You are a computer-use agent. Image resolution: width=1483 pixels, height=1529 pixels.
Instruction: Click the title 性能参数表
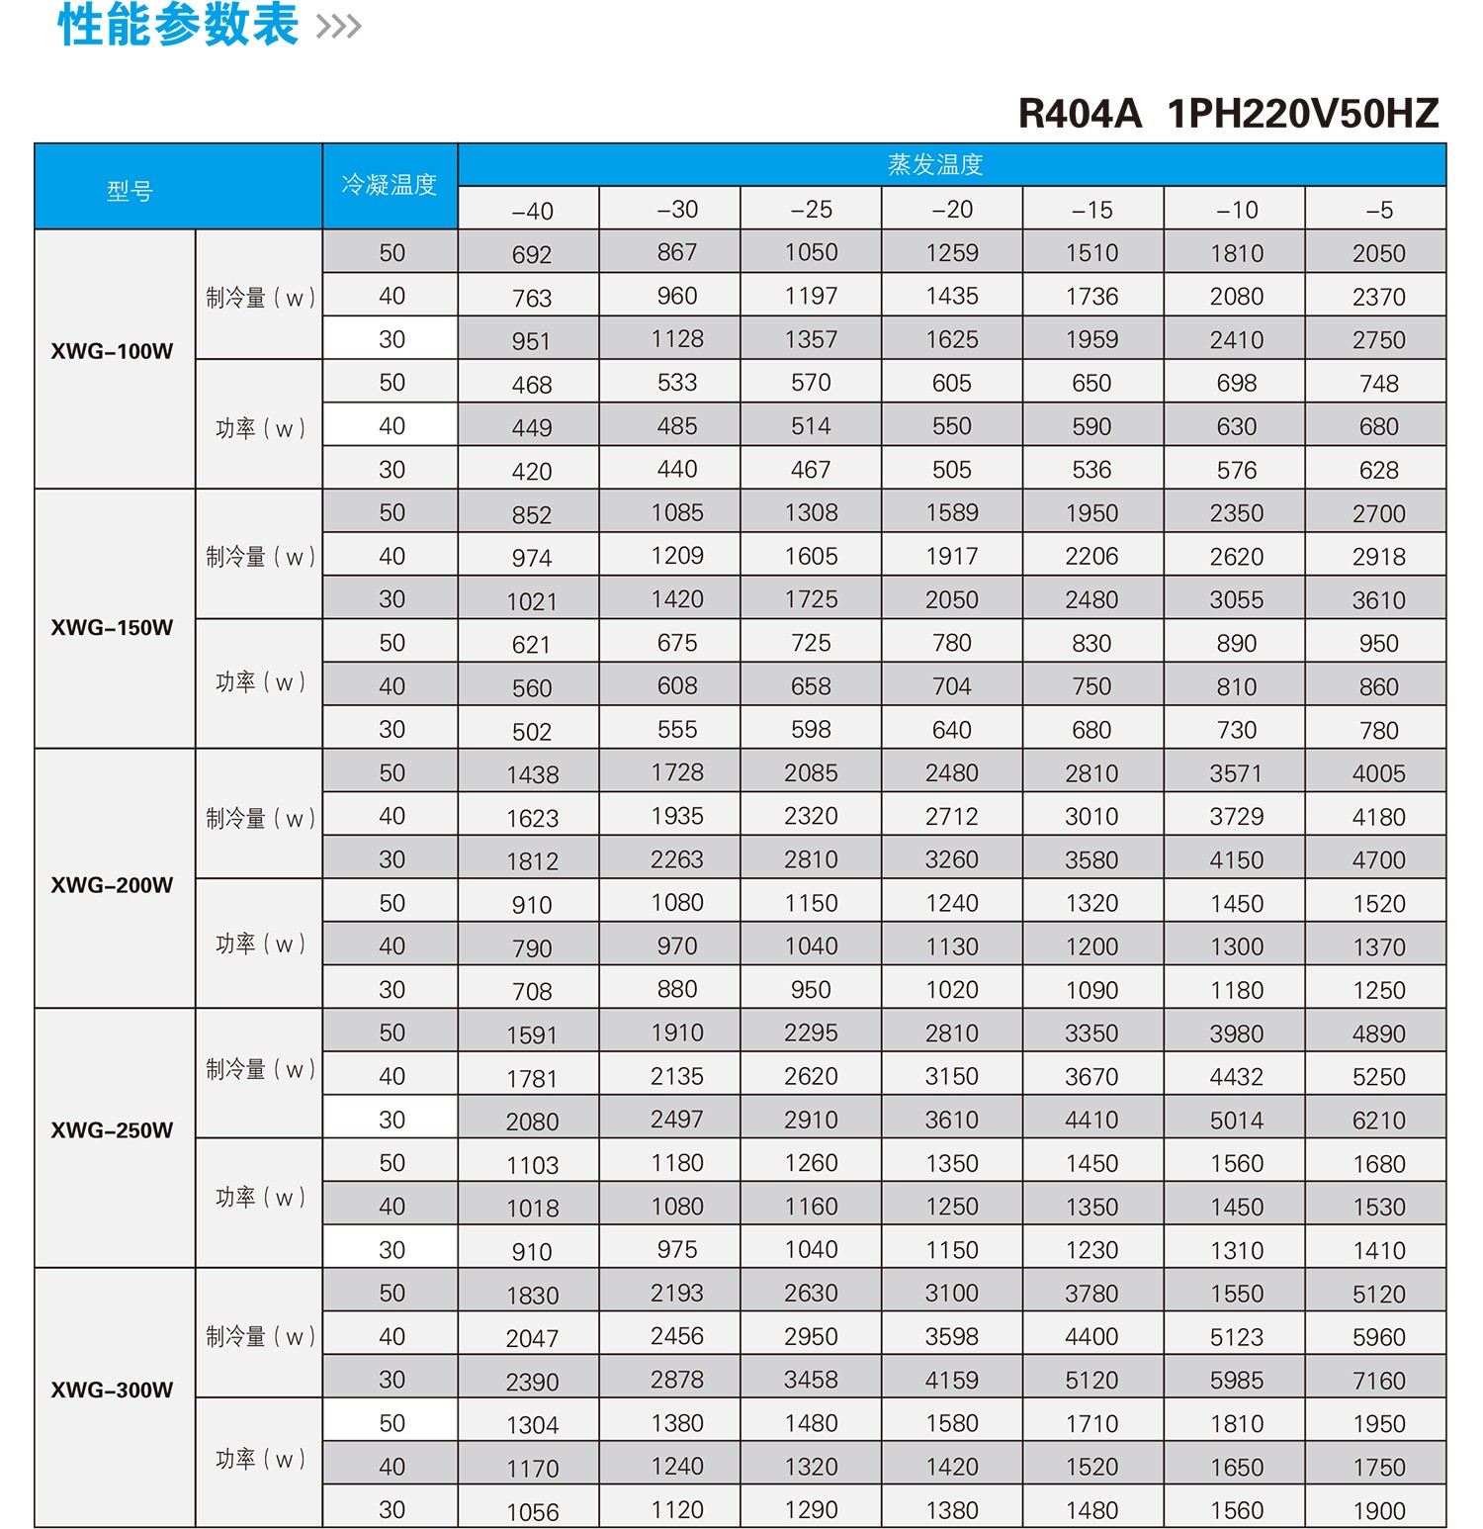pyautogui.click(x=178, y=25)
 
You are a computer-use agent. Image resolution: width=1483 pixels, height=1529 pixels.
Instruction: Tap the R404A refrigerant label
pyautogui.click(x=1080, y=114)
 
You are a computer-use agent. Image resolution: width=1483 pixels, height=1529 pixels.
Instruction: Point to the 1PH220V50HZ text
pyautogui.click(x=1303, y=114)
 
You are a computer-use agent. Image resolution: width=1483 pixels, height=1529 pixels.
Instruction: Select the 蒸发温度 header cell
pyautogui.click(x=935, y=164)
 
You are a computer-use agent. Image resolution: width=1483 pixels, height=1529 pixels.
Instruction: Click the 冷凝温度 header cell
pyautogui.click(x=390, y=185)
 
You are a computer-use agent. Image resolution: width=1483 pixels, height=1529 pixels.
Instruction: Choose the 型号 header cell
pyautogui.click(x=130, y=190)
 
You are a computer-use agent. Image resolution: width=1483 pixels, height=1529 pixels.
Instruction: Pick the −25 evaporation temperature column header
pyautogui.click(x=811, y=210)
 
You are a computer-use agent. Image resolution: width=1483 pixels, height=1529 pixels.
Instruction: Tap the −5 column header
pyautogui.click(x=1378, y=210)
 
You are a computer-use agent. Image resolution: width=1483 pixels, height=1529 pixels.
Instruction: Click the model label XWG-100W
pyautogui.click(x=112, y=351)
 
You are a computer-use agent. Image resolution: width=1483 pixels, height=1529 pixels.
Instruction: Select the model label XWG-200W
pyautogui.click(x=112, y=885)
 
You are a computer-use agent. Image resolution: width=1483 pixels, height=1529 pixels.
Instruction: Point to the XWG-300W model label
pyautogui.click(x=112, y=1390)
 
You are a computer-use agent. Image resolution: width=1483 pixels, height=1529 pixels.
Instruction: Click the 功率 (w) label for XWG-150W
pyautogui.click(x=259, y=682)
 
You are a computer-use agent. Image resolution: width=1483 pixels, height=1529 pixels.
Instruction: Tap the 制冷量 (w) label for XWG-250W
pyautogui.click(x=259, y=1069)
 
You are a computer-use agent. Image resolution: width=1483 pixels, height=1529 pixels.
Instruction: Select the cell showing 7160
pyautogui.click(x=1378, y=1381)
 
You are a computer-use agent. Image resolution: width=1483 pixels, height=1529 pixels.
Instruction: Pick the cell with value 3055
pyautogui.click(x=1236, y=600)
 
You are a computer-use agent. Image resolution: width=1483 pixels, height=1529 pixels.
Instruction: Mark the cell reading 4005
pyautogui.click(x=1378, y=773)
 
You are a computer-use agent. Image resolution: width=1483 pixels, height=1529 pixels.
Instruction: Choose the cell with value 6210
pyautogui.click(x=1378, y=1121)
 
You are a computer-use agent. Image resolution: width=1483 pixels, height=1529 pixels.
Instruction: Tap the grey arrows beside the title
pyautogui.click(x=339, y=27)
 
